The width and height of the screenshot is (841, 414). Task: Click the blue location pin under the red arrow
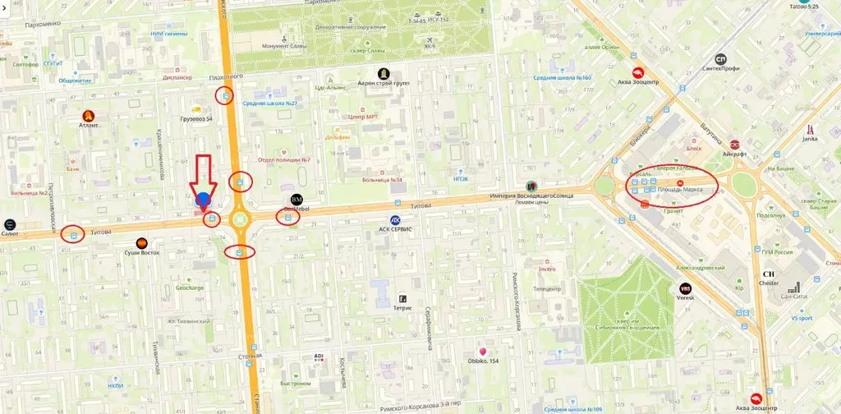204,199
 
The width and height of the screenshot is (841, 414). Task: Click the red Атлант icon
89,116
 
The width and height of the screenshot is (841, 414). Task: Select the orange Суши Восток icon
142,242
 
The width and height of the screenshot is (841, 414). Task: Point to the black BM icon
296,200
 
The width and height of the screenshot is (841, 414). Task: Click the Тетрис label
402,308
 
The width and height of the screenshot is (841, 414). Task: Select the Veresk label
685,297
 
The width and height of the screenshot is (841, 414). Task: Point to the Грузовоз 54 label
196,119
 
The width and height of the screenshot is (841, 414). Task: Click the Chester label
769,283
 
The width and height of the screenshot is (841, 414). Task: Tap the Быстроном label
295,383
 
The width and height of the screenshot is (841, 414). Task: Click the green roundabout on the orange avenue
239,219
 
